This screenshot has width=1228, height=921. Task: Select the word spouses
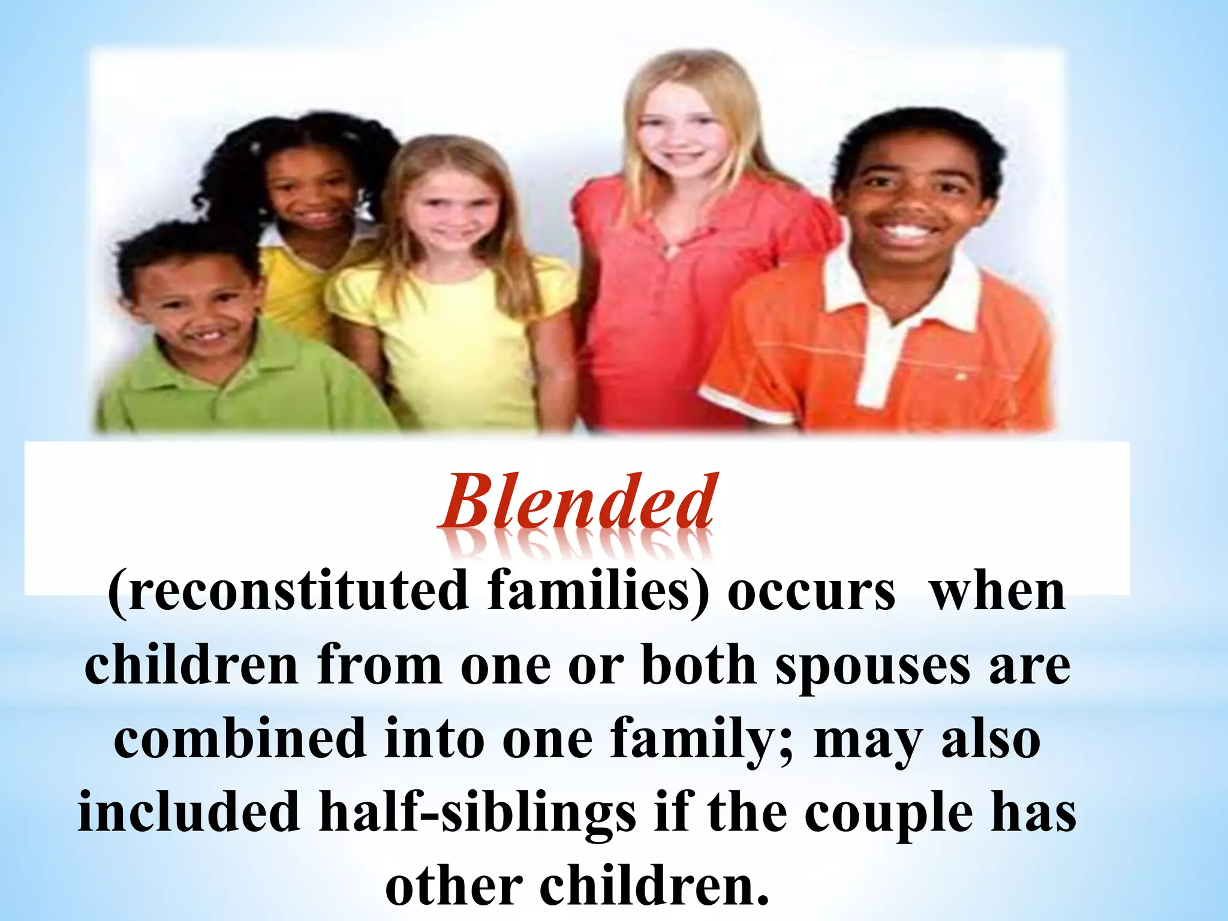[872, 667]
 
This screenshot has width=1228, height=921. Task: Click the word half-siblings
[477, 812]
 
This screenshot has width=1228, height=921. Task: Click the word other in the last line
[454, 886]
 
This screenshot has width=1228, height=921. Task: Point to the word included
[189, 812]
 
